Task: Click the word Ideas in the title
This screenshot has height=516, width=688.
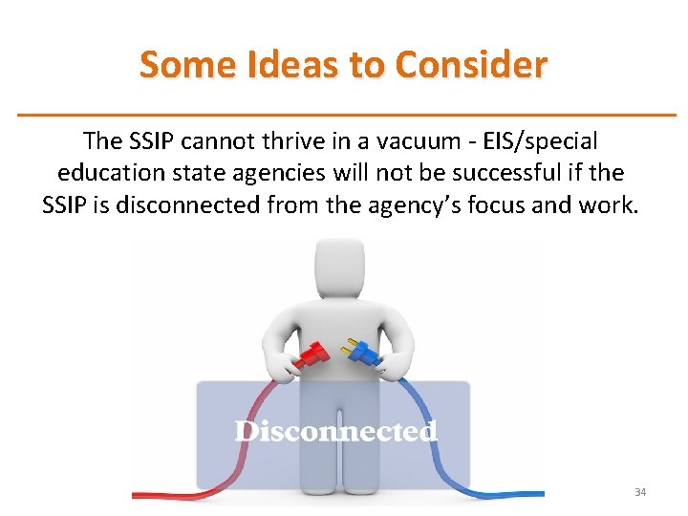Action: [x=278, y=65]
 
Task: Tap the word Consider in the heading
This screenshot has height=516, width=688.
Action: [x=471, y=65]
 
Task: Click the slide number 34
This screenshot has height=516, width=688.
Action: [x=640, y=492]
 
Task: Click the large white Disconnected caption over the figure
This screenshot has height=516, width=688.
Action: [x=335, y=432]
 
